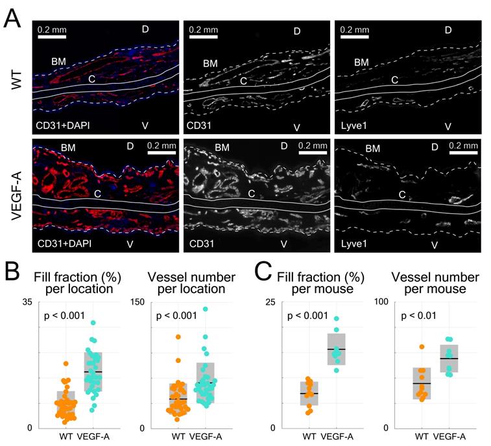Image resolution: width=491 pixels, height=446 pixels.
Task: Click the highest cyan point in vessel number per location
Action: [206, 309]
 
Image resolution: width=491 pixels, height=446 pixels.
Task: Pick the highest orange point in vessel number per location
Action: [177, 337]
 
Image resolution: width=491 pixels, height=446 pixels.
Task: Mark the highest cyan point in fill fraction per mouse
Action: [336, 319]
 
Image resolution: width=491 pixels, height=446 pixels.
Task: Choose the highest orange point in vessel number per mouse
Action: [421, 347]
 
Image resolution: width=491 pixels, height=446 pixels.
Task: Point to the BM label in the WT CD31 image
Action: [210, 64]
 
